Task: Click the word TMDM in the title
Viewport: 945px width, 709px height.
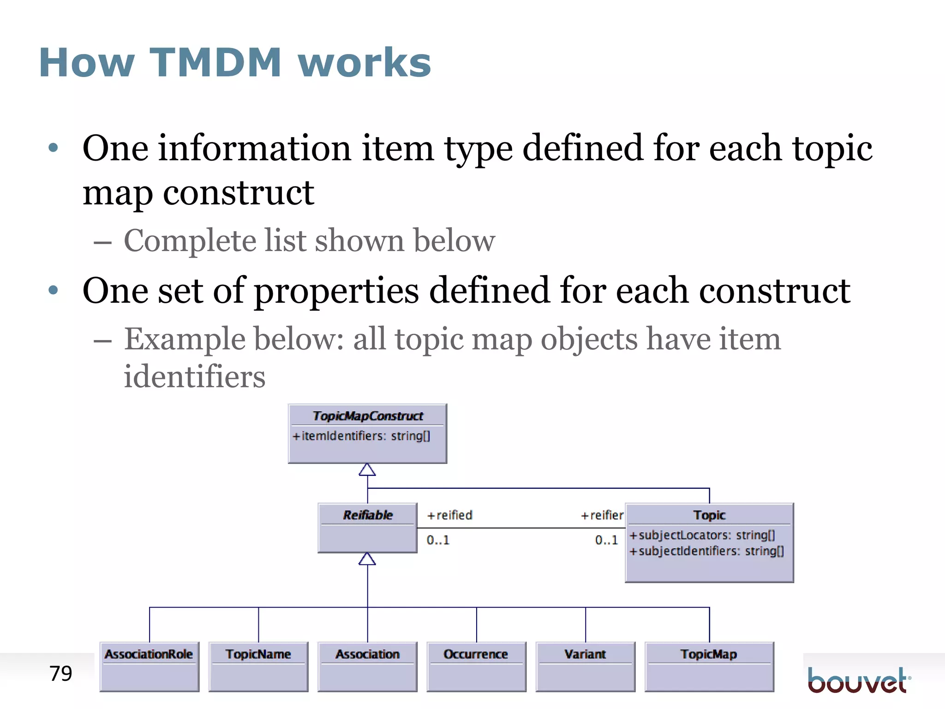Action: [x=215, y=63]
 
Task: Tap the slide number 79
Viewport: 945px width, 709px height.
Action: [x=60, y=673]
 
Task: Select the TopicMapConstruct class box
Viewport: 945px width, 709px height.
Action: [x=367, y=433]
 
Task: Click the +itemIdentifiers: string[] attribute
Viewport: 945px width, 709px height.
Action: [x=361, y=436]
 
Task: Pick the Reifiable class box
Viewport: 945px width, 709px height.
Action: [x=367, y=528]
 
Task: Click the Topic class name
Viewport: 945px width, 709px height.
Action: [x=709, y=515]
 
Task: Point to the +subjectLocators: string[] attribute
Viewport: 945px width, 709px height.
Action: [x=702, y=535]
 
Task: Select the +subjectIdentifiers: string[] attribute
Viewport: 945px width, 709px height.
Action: [x=706, y=551]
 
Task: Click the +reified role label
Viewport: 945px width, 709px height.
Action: [x=449, y=515]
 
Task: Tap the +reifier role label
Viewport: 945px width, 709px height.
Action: [x=602, y=515]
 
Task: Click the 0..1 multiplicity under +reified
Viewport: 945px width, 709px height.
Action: [x=437, y=540]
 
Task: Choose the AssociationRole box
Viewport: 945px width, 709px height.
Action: [x=149, y=666]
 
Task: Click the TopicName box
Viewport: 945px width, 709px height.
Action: [x=258, y=666]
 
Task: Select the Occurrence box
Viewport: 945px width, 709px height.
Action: [x=476, y=666]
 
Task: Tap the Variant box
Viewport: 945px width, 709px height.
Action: [x=585, y=666]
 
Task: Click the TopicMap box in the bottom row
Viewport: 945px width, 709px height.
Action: [x=709, y=666]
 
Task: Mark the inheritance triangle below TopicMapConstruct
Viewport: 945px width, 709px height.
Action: [x=367, y=470]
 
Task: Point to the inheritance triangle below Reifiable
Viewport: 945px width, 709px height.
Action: [x=367, y=559]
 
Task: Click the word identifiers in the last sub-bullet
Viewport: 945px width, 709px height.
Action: [x=194, y=376]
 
